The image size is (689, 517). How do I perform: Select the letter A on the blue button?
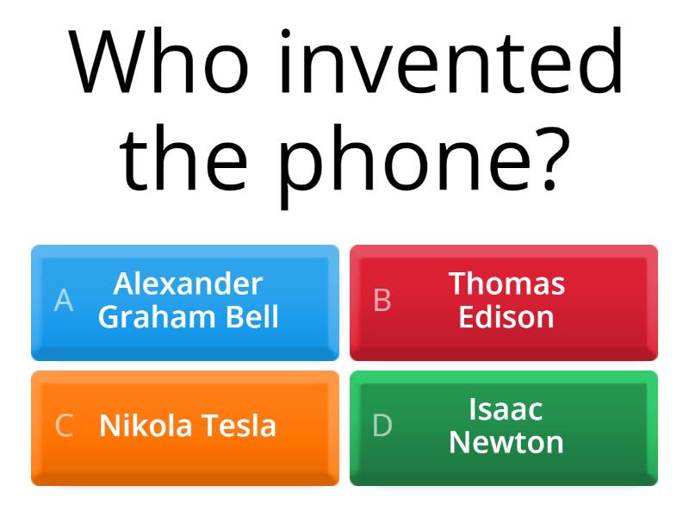point(64,300)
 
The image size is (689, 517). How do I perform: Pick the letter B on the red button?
point(382,300)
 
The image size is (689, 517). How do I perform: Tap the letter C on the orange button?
point(64,426)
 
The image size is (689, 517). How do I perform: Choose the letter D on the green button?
point(382,426)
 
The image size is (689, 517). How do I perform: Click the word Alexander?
point(188,283)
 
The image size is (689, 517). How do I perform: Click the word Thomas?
point(506,283)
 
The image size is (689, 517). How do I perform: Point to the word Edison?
point(506,316)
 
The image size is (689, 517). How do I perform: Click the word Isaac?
point(506,408)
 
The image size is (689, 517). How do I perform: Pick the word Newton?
point(506,442)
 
